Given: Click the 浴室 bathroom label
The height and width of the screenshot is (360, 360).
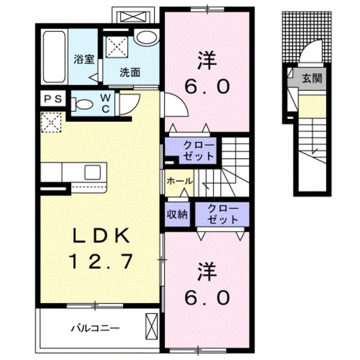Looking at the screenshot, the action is [x=84, y=60].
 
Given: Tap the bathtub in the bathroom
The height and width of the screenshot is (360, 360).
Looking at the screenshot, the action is [x=54, y=57].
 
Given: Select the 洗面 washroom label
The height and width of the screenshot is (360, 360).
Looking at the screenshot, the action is [x=130, y=73].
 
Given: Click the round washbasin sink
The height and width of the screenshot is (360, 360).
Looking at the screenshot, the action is [x=147, y=38].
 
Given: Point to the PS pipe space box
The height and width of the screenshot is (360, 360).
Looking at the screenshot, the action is [x=53, y=99].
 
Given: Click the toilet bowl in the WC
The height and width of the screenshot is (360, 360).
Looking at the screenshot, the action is [x=82, y=105].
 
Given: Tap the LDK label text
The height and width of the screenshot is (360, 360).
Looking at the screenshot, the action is [x=101, y=236].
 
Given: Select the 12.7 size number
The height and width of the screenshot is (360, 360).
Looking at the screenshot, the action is [x=102, y=261].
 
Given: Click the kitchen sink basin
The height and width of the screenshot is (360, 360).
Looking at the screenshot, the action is [x=92, y=173].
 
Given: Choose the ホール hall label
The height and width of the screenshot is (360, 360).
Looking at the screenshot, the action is [x=179, y=181].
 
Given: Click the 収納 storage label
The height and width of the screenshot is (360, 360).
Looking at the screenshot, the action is [x=177, y=214].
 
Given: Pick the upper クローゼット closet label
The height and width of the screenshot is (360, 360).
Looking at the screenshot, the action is [x=199, y=151].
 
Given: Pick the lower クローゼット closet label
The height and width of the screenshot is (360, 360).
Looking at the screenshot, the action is [x=223, y=214].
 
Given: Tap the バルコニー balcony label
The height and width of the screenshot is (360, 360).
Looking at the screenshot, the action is [x=95, y=328].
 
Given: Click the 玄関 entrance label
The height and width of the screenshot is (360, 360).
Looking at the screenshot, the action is [x=312, y=78].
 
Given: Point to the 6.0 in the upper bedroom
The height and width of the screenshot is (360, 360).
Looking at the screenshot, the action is [x=207, y=87].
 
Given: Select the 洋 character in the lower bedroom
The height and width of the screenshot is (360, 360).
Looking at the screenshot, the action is [x=208, y=272].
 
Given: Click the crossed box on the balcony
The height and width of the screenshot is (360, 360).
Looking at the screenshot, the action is [x=152, y=326].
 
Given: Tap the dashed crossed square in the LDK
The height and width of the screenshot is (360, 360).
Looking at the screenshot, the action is [x=51, y=122].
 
